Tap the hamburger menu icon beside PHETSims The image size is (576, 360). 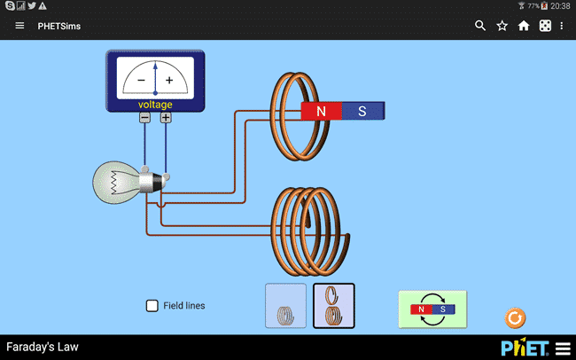(19, 26)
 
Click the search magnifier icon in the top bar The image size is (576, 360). (480, 26)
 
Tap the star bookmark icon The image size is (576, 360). (502, 26)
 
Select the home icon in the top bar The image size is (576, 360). (524, 26)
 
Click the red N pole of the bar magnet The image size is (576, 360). (321, 112)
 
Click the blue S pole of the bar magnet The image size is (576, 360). (362, 112)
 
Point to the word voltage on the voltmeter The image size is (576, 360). (155, 105)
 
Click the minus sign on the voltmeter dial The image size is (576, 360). (142, 81)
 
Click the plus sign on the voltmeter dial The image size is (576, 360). (169, 81)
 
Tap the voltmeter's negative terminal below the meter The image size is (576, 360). (144, 118)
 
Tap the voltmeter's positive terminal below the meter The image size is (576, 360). (166, 118)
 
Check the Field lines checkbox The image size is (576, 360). (152, 306)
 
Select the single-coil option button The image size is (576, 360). (286, 306)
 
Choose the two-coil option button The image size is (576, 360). (334, 306)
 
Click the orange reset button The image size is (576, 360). (515, 317)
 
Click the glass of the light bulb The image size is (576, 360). (115, 183)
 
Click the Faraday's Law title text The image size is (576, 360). (43, 347)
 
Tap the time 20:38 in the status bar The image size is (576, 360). (560, 5)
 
